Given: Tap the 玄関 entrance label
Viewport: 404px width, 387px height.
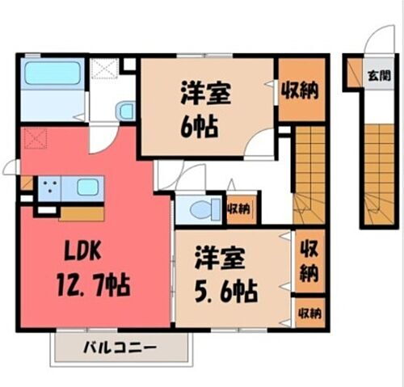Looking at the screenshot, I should click(377, 76).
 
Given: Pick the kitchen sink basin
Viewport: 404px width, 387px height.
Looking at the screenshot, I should click(87, 188).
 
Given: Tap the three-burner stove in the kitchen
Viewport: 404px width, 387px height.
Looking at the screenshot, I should click(49, 188).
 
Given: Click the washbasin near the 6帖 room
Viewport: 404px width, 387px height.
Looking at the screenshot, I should click(125, 111).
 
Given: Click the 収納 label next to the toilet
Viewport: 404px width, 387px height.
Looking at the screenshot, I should click(239, 209).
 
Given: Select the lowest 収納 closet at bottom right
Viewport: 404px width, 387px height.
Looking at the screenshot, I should click(309, 312).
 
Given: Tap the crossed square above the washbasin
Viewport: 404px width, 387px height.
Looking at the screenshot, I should click(103, 69).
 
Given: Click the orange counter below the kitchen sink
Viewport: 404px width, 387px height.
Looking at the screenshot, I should click(82, 213).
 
